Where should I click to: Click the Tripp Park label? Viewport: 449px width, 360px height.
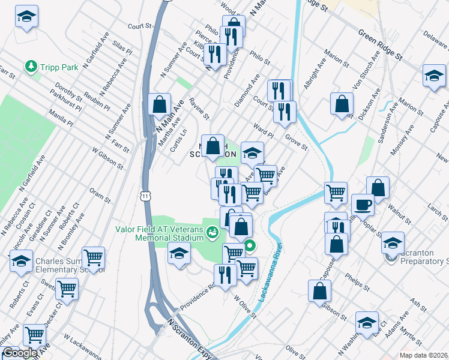tap(59, 68)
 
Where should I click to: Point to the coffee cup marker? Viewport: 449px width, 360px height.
tap(362, 203)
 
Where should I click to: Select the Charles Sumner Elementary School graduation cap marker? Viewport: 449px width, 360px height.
tap(20, 261)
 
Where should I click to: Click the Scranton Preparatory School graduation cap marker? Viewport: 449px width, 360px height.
tap(393, 243)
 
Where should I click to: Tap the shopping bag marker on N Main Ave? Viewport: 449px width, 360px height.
tap(159, 104)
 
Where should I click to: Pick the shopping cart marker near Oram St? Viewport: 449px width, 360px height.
tap(93, 257)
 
